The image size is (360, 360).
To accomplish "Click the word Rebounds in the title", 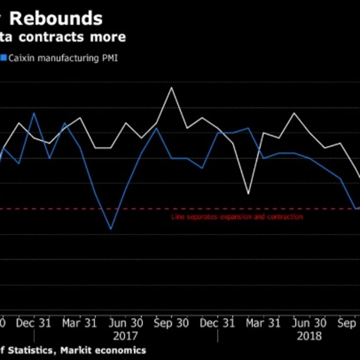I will [56, 18].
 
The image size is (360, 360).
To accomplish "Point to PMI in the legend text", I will [110, 57].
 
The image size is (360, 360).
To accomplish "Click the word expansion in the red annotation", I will [223, 217].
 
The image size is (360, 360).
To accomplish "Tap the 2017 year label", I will [125, 336].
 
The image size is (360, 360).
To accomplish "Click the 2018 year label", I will [309, 336].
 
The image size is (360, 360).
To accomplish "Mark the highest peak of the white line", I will [172, 87].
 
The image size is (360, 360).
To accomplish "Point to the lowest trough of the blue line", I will [110, 229].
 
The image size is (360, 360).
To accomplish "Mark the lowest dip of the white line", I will [248, 194].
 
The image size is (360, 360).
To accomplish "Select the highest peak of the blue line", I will [34, 113].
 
